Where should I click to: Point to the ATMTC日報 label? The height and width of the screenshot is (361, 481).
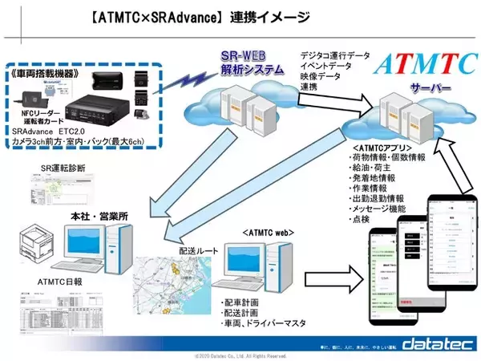pos(61,282)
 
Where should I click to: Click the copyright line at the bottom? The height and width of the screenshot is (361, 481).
pos(241,355)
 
